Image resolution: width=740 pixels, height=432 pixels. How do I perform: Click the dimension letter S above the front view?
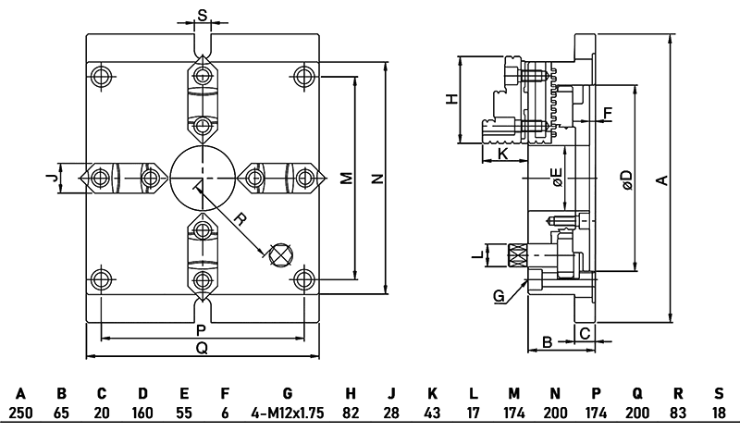click(203, 15)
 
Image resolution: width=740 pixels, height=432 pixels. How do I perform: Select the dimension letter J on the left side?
click(54, 175)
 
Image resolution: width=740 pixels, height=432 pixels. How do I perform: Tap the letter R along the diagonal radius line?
click(240, 221)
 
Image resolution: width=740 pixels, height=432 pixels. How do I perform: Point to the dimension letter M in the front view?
click(345, 178)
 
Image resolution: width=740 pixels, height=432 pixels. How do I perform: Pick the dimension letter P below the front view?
click(201, 330)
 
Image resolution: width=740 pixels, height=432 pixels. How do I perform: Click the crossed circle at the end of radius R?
click(279, 253)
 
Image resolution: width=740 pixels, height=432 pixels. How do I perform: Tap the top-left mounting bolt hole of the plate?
click(100, 75)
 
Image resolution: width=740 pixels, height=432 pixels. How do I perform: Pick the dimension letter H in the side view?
click(451, 99)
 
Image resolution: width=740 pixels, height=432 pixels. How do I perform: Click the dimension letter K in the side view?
click(502, 154)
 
